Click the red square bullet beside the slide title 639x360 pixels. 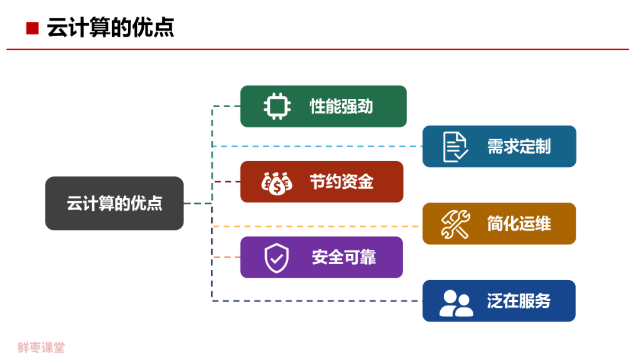(32, 28)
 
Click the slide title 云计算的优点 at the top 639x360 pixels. (111, 28)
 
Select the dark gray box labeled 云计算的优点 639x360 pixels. (114, 203)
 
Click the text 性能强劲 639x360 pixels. (341, 107)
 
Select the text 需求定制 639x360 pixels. (519, 147)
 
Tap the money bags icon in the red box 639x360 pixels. (276, 182)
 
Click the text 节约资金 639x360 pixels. (341, 182)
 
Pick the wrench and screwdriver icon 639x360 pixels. (455, 224)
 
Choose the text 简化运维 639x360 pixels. (519, 224)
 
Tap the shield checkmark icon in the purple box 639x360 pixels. (276, 258)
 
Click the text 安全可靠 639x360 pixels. (343, 258)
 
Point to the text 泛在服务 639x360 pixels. (519, 301)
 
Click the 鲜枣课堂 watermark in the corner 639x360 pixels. (41, 348)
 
